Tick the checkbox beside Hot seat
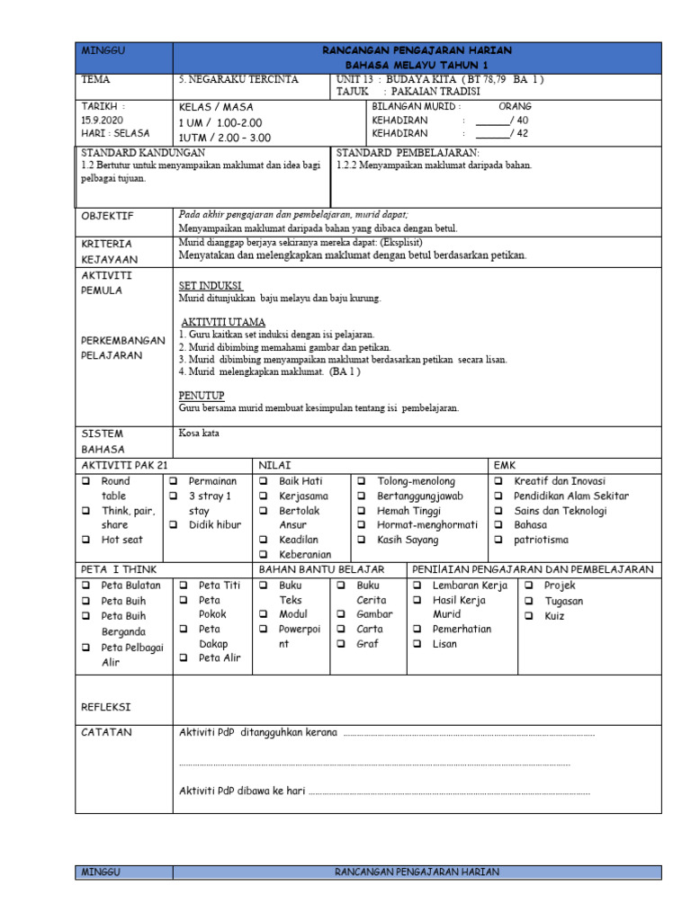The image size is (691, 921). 85,540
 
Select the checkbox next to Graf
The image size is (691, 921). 342,644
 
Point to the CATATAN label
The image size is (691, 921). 106,732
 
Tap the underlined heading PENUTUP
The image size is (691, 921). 201,395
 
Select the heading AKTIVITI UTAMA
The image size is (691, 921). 223,322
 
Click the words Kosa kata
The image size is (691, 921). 199,433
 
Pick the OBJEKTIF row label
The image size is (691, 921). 107,217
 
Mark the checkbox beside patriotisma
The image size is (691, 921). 498,540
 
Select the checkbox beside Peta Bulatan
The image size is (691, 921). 85,586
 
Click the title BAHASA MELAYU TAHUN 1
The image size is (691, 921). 417,66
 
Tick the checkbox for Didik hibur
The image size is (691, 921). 174,525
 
